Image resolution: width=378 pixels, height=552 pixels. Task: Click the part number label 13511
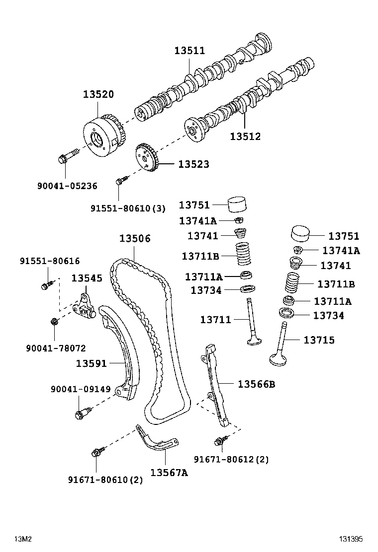[x=189, y=51]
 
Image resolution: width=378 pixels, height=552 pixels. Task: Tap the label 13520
[x=98, y=94]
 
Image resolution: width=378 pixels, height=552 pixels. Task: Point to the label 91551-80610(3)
[x=128, y=209]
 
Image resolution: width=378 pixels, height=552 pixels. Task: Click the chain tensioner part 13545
[x=85, y=306]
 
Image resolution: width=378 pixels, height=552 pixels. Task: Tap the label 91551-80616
[x=50, y=261]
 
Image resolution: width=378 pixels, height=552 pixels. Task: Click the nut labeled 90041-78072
[x=54, y=322]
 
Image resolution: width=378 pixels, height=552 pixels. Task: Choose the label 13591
[x=91, y=363]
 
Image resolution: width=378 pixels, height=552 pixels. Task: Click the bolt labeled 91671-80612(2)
[x=219, y=440]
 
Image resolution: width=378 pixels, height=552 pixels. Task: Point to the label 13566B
[x=256, y=384]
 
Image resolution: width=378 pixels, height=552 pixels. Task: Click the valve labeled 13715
[x=280, y=347]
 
